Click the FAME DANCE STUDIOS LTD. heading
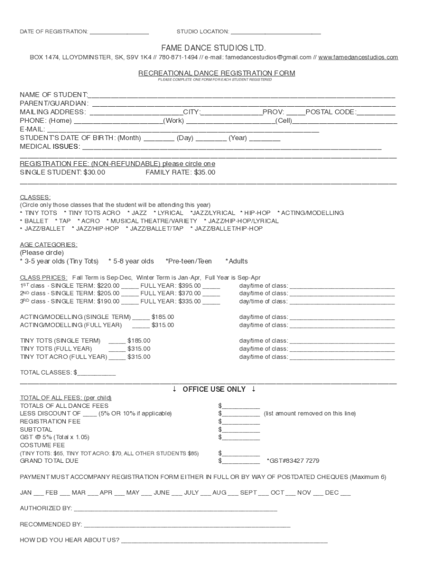[x=214, y=48]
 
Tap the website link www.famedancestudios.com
[x=358, y=57]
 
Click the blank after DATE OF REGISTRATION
[x=119, y=32]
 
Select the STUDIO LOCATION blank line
[x=276, y=32]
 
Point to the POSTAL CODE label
[x=331, y=112]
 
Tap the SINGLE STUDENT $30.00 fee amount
[x=94, y=172]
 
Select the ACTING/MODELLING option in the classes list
[x=312, y=213]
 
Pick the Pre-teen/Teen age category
[x=190, y=261]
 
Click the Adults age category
[x=237, y=261]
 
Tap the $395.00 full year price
[x=189, y=286]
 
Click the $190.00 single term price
[x=108, y=301]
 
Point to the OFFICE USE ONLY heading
[x=214, y=389]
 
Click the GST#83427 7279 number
[x=293, y=461]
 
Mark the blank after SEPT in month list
[x=263, y=492]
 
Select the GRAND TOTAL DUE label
[x=49, y=461]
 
